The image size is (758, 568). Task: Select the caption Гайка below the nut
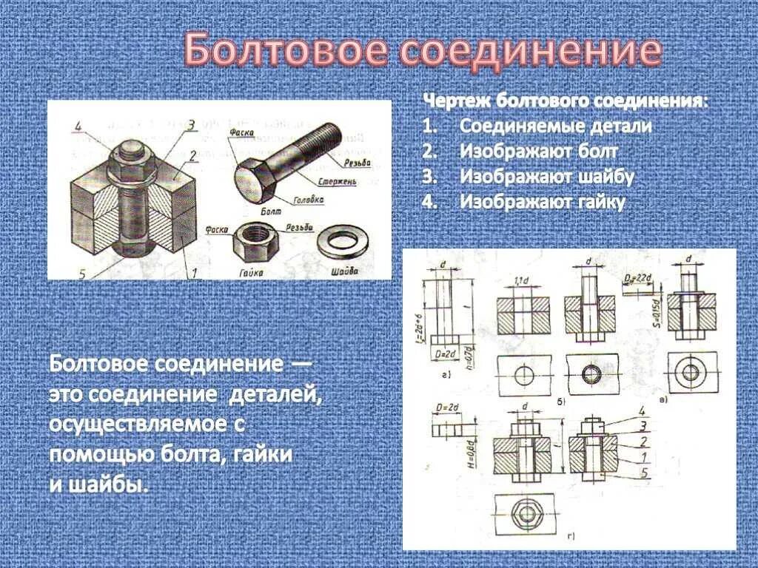(252, 272)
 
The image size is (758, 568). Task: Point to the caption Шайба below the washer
(345, 271)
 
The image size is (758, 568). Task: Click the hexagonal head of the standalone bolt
(255, 180)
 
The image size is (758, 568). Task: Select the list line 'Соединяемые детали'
(555, 126)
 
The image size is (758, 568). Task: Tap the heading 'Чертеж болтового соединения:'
(564, 101)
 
